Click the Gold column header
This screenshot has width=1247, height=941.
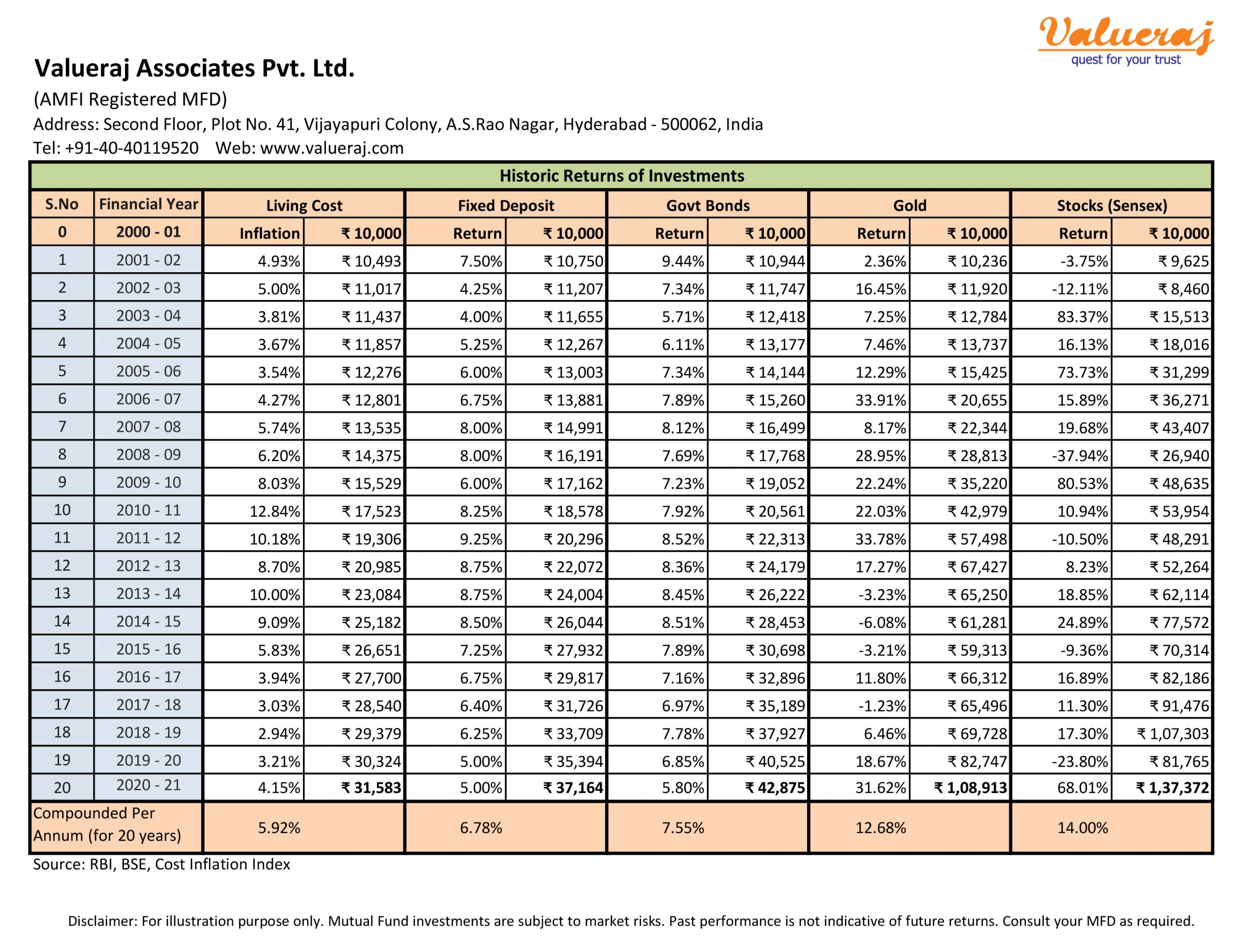[x=909, y=205]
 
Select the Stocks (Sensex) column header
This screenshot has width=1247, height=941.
[x=1112, y=205]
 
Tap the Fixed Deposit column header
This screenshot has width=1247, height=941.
[x=506, y=205]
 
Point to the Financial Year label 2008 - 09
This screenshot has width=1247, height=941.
[x=148, y=454]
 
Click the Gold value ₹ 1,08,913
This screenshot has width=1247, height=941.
[x=971, y=788]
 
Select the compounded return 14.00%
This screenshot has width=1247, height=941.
[x=1082, y=828]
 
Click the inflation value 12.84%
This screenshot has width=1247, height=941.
[x=275, y=511]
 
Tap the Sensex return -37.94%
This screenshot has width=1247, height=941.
[x=1079, y=455]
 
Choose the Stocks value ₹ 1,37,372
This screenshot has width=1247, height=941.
[x=1172, y=788]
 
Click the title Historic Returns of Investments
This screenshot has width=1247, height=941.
[x=622, y=176]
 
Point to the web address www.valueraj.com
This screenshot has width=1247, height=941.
[x=332, y=148]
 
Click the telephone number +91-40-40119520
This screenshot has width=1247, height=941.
[x=132, y=148]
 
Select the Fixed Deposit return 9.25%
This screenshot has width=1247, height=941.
[x=481, y=539]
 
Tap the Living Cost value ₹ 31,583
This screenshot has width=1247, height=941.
[x=372, y=788]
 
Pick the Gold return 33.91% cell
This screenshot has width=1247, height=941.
[x=881, y=400]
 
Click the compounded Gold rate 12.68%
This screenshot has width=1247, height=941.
[x=881, y=828]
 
